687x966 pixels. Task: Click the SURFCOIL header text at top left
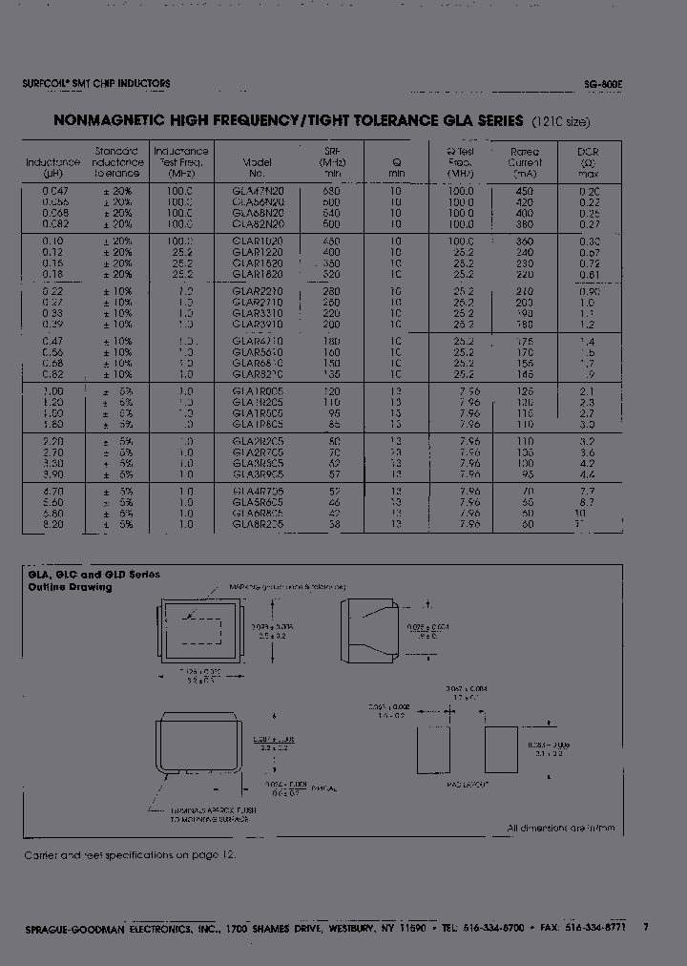[x=96, y=84]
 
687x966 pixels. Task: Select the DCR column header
[x=588, y=162]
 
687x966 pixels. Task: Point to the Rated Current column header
[x=525, y=162]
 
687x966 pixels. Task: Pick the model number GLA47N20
[x=258, y=191]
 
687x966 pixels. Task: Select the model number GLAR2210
[x=258, y=290]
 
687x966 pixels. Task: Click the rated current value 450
[x=525, y=191]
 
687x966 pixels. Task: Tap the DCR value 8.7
[x=587, y=501]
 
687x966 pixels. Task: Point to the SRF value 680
[x=331, y=191]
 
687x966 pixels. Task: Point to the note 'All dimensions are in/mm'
[x=562, y=828]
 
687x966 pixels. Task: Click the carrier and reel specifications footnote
[x=129, y=855]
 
